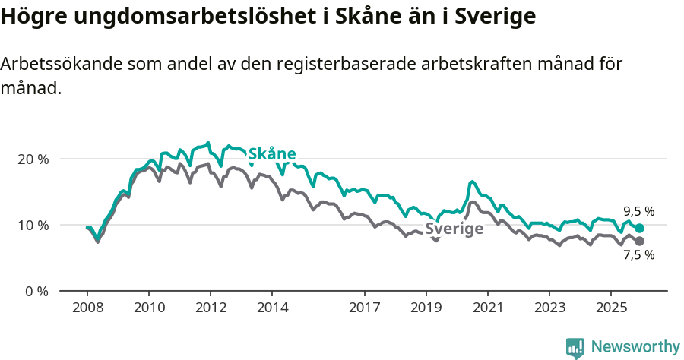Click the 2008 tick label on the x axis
point(87,308)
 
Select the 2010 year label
point(149,308)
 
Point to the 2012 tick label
point(211,308)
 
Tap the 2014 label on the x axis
point(272,308)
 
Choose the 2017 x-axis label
point(365,308)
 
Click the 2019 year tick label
point(426,308)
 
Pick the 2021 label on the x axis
point(488,308)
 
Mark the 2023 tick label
point(549,308)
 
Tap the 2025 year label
point(611,308)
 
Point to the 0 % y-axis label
point(36,291)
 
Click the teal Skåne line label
point(272,154)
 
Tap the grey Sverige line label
point(454,229)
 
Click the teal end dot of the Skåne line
point(640,228)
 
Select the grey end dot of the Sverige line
point(640,241)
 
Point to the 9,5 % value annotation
point(638,212)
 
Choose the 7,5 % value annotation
point(638,256)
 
